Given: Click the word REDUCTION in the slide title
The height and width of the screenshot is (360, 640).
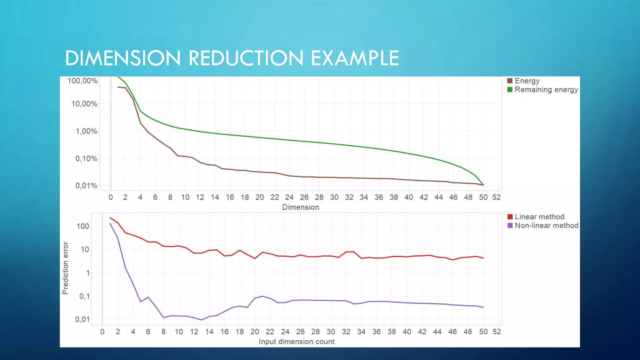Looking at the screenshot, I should tap(246, 58).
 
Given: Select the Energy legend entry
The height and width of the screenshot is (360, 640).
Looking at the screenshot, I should tap(527, 81).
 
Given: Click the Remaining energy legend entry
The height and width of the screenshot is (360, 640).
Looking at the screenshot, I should tap(546, 90).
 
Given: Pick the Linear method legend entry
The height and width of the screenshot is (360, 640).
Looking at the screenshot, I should tap(539, 217).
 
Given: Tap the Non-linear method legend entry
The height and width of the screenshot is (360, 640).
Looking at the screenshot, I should tap(546, 226).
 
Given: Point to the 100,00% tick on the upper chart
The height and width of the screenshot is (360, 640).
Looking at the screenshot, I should tap(82, 81).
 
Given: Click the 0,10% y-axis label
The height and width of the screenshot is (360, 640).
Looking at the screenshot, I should tap(86, 159).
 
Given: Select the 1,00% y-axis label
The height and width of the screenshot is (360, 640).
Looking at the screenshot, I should tap(86, 131).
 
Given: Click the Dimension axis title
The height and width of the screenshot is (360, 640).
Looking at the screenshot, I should tap(300, 207).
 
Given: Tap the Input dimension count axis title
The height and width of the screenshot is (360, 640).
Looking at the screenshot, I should tap(296, 342).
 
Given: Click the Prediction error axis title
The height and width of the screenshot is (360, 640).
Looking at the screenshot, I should tap(65, 268).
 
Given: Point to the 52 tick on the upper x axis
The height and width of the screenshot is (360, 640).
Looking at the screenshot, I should tap(496, 197).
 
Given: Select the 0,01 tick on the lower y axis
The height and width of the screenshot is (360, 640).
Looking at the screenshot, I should tap(82, 319).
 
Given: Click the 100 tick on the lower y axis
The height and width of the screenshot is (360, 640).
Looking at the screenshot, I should tap(83, 226).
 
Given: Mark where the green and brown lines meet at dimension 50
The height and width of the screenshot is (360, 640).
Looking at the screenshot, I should tap(483, 185).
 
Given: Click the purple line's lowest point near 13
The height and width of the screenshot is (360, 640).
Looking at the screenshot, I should tap(202, 320).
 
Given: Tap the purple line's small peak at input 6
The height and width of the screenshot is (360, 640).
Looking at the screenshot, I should tap(148, 297).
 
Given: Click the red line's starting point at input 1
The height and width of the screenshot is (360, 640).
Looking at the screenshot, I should tap(110, 218).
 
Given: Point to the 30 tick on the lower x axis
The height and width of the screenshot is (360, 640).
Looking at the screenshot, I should tap(331, 332).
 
